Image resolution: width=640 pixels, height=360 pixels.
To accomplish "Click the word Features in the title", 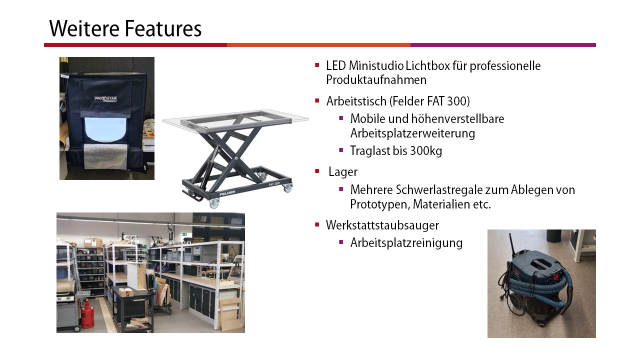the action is tap(163, 28).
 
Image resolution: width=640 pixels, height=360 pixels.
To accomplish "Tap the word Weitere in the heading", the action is tap(84, 28).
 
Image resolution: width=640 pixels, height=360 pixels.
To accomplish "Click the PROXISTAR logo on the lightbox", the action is tap(105, 99).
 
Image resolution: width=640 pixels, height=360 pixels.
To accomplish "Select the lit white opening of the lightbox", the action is tap(105, 130).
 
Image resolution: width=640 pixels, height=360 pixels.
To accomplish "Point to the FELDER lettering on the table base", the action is tap(227, 193).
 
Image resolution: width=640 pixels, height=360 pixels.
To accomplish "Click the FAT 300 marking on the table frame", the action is tap(274, 183).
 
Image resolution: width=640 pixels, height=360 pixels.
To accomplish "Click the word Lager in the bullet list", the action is tap(343, 172).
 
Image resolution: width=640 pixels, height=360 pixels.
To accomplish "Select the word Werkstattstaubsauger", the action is tap(382, 225).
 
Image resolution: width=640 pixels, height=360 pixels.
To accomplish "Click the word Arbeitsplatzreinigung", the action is tap(406, 243).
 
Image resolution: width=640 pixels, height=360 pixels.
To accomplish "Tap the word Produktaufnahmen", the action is tap(376, 79).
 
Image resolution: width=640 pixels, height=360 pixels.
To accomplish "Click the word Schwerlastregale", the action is tap(434, 189).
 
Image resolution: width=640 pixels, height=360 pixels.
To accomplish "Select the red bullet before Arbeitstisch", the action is tap(317, 100).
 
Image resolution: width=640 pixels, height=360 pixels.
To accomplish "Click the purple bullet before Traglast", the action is tap(341, 150).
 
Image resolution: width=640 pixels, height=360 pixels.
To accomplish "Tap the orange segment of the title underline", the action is tap(318, 45).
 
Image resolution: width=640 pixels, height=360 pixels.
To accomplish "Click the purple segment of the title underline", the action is tap(503, 45).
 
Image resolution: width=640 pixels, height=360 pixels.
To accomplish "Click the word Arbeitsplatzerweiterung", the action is tap(412, 133).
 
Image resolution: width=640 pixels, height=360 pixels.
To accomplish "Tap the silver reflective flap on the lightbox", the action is tap(105, 156).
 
